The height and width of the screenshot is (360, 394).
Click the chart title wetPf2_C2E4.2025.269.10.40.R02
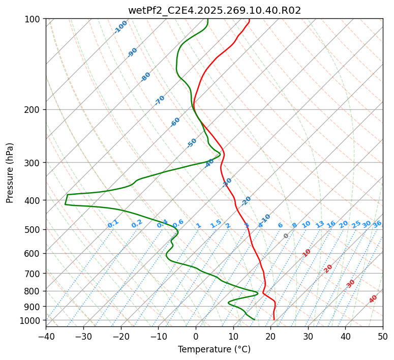click(x=214, y=10)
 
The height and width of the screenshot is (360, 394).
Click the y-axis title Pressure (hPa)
click(x=10, y=172)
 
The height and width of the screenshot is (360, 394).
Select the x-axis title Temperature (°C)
click(x=214, y=349)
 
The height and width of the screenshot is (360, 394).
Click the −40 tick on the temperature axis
click(x=46, y=336)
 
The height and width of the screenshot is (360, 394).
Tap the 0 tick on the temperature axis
click(x=196, y=336)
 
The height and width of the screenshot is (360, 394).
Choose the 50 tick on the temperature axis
click(x=383, y=336)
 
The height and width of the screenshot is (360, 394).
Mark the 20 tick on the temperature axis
click(x=270, y=336)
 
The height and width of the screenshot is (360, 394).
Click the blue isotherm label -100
click(x=121, y=27)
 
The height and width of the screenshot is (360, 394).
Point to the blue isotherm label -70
click(x=160, y=100)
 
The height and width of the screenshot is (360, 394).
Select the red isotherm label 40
click(x=373, y=299)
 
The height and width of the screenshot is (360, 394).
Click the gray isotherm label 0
click(x=286, y=236)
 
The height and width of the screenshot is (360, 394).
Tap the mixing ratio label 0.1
click(x=113, y=224)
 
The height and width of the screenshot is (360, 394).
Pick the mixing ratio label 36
click(x=377, y=224)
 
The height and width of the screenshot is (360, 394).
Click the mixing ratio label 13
click(x=320, y=224)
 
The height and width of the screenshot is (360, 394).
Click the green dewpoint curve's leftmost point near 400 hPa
click(x=65, y=204)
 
